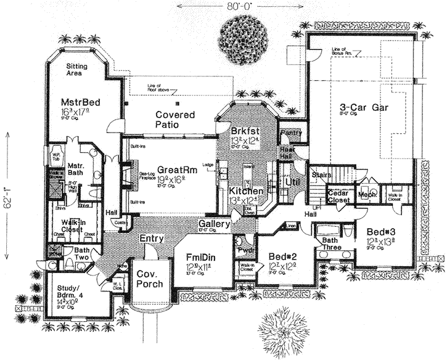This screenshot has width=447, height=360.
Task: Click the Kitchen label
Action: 247,192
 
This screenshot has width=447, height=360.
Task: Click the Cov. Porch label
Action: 150,279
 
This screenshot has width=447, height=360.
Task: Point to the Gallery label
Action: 214,223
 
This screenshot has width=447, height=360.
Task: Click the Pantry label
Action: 289,133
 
